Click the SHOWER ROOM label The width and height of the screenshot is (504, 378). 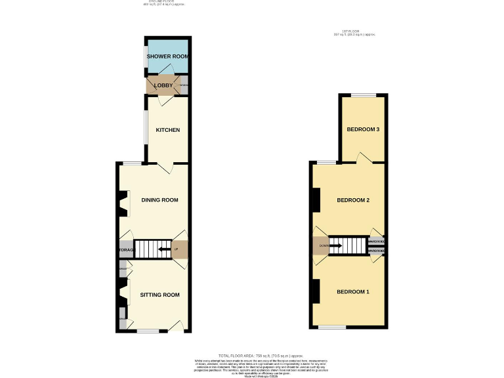(x=167, y=56)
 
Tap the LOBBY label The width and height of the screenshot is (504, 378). (x=163, y=85)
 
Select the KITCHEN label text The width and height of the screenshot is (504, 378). (x=167, y=130)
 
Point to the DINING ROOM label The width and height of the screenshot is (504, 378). (x=159, y=199)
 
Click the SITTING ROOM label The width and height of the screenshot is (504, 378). (x=159, y=295)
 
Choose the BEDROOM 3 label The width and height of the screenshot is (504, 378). (x=363, y=129)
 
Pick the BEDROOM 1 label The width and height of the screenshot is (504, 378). (x=353, y=291)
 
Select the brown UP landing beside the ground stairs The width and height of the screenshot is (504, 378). (x=180, y=249)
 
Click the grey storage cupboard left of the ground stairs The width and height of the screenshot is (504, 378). (x=125, y=249)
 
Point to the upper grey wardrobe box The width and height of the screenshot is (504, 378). (x=377, y=241)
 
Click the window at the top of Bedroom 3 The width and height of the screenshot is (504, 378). (x=363, y=95)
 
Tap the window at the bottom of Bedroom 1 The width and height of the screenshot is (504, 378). (x=332, y=326)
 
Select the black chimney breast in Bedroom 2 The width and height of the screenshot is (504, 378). (x=316, y=199)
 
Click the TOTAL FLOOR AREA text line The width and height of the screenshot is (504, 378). (x=252, y=354)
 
